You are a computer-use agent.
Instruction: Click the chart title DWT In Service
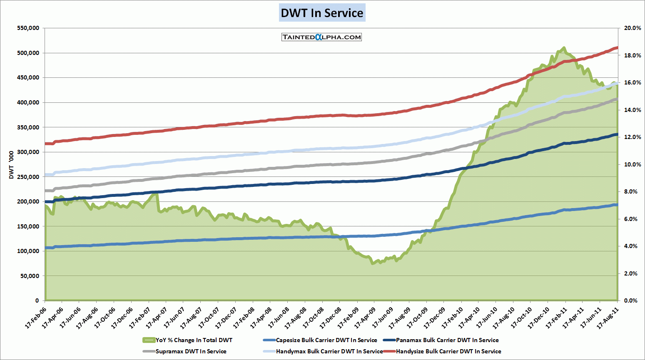(322, 13)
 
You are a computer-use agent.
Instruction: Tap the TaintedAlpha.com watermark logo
(321, 37)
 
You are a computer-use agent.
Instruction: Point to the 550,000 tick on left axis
(28, 28)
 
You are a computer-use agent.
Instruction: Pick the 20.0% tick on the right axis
(633, 28)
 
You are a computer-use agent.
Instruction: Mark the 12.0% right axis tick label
(633, 137)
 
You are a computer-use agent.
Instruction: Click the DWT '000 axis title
(11, 165)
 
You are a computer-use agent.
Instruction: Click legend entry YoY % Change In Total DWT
(194, 340)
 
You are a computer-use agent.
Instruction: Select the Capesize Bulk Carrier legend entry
(326, 340)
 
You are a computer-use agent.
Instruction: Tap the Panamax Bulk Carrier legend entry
(447, 340)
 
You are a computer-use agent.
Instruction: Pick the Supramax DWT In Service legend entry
(191, 351)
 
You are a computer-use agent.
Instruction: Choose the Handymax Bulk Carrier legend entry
(329, 351)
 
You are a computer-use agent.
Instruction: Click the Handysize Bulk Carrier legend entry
(448, 351)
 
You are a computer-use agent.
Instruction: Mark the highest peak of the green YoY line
(564, 48)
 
